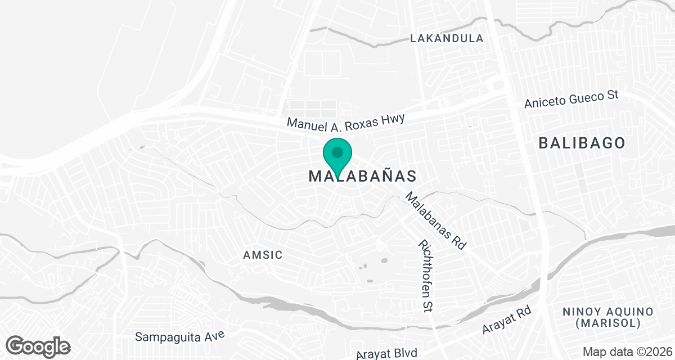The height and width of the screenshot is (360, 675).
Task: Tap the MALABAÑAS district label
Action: [363, 176]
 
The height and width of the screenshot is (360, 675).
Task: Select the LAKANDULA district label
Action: [447, 39]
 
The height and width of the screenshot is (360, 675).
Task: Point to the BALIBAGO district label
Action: [582, 143]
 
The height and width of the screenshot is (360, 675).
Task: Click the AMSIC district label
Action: [263, 255]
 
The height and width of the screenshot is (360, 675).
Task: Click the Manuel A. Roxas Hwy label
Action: [345, 120]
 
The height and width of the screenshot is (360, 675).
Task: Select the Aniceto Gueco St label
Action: [571, 100]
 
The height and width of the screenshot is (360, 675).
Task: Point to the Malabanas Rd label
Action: [436, 221]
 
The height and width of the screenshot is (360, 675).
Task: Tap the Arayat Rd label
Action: [507, 321]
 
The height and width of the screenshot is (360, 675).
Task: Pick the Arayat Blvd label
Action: [386, 353]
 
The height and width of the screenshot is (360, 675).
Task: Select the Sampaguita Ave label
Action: [179, 336]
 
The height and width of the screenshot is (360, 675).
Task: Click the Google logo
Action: [38, 346]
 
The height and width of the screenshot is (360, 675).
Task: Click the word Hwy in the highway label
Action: [393, 117]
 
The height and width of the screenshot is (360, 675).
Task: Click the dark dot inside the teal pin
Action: [337, 152]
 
